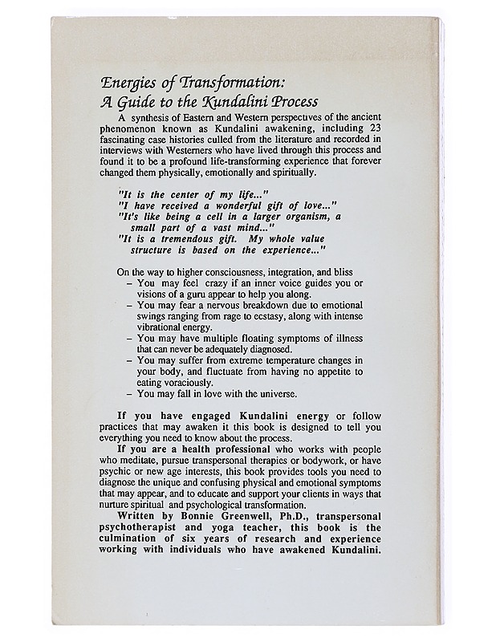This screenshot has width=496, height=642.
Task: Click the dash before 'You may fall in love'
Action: pos(130,394)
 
